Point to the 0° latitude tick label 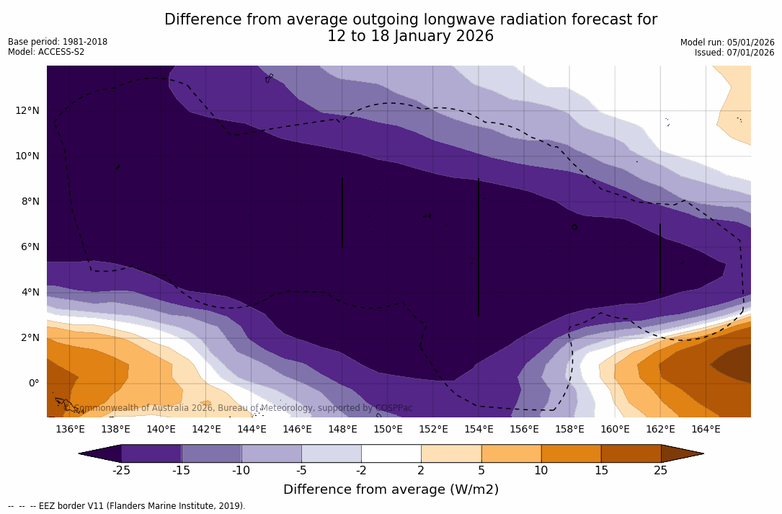[x=33, y=383]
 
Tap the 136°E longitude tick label [x=70, y=430]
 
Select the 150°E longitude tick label [x=388, y=430]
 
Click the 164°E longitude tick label [x=706, y=430]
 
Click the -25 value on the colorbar [x=121, y=471]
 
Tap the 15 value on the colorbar [x=600, y=471]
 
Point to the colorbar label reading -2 [x=361, y=471]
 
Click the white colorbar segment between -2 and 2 [x=391, y=453]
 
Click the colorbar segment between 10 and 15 [x=571, y=453]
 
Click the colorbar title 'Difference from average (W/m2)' [x=391, y=490]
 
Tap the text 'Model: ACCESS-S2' [x=46, y=52]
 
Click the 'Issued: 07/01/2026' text [x=734, y=53]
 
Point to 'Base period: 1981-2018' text [x=58, y=42]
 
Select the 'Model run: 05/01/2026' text [x=727, y=43]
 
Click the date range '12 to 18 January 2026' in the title [x=410, y=36]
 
